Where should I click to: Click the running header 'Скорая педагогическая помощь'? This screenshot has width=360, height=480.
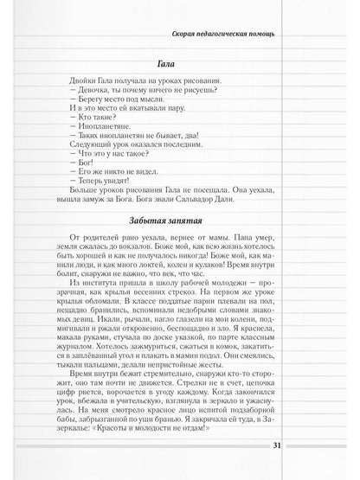point(228,35)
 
